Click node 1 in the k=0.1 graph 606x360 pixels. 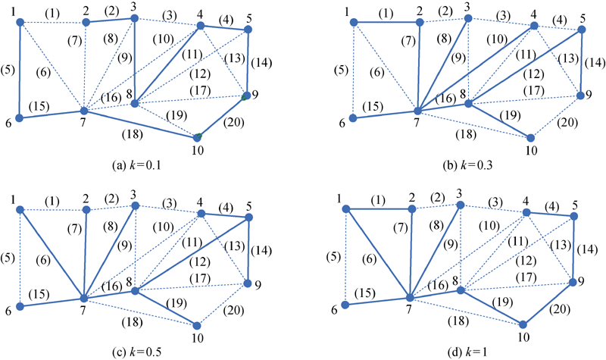tap(20, 22)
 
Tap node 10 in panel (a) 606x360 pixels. tap(197, 136)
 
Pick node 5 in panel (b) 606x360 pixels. tap(582, 29)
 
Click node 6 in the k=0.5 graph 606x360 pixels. tap(20, 307)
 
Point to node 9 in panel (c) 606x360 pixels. tap(247, 284)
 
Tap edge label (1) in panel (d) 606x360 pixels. tap(378, 200)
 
